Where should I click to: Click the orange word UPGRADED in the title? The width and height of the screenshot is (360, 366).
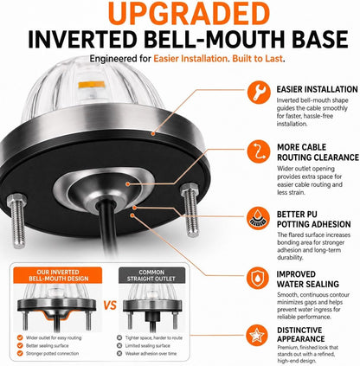(x=190, y=13)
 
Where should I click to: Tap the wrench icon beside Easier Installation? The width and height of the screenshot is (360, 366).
(x=259, y=93)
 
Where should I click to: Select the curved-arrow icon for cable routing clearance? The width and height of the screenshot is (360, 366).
(x=259, y=151)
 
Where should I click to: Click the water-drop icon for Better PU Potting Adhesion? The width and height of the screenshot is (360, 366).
(x=259, y=218)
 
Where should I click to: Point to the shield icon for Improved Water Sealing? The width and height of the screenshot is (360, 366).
(x=258, y=278)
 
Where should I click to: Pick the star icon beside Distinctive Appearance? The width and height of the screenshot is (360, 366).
(x=257, y=336)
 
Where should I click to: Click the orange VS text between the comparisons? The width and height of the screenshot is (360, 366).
(x=110, y=305)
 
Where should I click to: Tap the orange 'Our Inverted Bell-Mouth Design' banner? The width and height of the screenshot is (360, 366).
(x=58, y=275)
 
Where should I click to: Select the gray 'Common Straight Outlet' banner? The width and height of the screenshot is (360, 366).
(x=151, y=275)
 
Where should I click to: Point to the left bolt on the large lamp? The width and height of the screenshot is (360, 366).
(x=17, y=220)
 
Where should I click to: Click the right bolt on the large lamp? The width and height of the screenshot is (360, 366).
(x=190, y=209)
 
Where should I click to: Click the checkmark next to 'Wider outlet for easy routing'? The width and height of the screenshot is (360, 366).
(x=20, y=337)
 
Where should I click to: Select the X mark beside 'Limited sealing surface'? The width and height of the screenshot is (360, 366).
(x=119, y=345)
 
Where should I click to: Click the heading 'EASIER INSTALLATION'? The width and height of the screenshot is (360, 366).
(x=317, y=89)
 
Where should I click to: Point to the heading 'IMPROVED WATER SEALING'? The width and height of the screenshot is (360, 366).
(x=308, y=279)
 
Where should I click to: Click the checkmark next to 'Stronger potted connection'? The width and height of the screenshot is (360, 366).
(x=20, y=353)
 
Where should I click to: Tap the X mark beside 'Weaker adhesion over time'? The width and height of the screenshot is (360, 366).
(x=119, y=353)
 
